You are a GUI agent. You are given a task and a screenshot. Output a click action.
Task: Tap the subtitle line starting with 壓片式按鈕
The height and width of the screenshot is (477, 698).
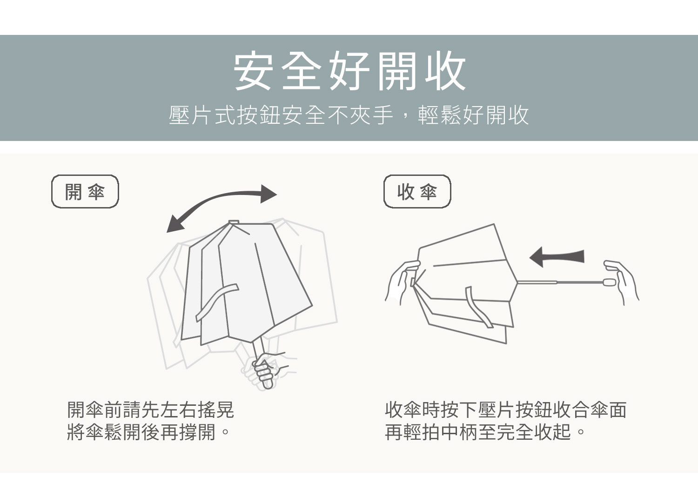[349, 115]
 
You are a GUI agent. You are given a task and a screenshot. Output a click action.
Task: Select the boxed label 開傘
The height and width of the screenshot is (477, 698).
[85, 191]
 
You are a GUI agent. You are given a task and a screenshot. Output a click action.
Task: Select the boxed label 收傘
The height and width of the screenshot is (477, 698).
[417, 191]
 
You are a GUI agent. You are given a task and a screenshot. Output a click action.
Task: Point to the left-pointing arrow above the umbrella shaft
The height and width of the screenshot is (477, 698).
[557, 257]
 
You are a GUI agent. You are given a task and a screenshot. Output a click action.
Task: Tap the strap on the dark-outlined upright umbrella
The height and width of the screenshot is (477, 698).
[216, 302]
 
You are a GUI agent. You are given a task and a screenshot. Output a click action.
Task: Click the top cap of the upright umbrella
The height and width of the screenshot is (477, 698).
[234, 222]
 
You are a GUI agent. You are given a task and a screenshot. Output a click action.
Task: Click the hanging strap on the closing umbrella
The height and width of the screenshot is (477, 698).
[478, 307]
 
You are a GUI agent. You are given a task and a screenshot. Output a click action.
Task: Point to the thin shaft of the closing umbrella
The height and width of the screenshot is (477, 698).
[560, 282]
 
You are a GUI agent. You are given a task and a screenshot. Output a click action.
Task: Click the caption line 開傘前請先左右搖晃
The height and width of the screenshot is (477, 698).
[150, 410]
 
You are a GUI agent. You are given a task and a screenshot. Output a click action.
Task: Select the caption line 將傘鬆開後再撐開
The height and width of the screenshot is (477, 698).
[148, 432]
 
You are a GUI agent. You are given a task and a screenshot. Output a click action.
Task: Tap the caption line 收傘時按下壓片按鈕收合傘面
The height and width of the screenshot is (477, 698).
[506, 410]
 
